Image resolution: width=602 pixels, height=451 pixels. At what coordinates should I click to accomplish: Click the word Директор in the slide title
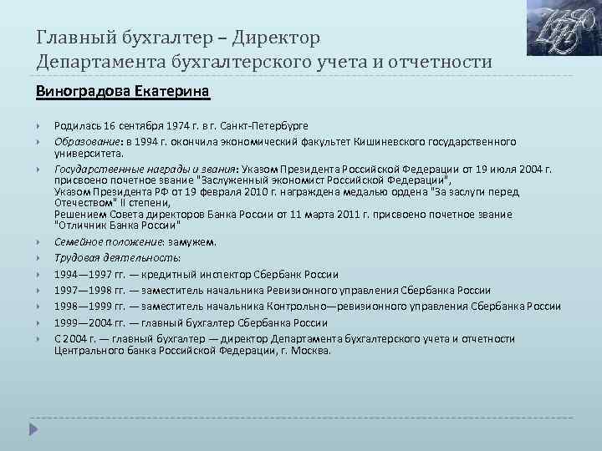coord(276,38)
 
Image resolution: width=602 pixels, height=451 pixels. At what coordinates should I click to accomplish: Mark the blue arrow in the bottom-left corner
coord(33,429)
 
